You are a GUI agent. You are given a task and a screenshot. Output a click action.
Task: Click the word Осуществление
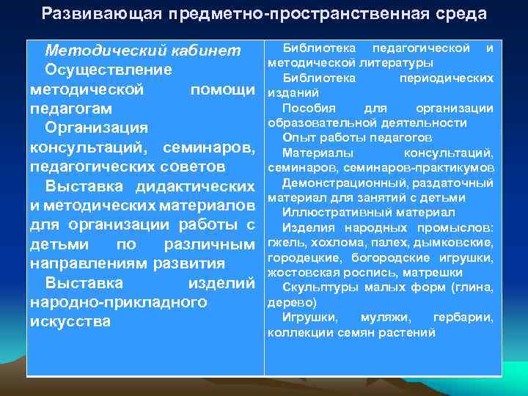point(109,70)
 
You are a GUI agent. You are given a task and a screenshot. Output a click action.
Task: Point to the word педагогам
point(70,109)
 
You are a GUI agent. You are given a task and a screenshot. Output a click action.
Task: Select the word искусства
point(70,321)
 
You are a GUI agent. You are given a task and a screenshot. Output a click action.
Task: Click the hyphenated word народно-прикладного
point(117,302)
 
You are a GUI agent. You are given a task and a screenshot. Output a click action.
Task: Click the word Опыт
point(297,138)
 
